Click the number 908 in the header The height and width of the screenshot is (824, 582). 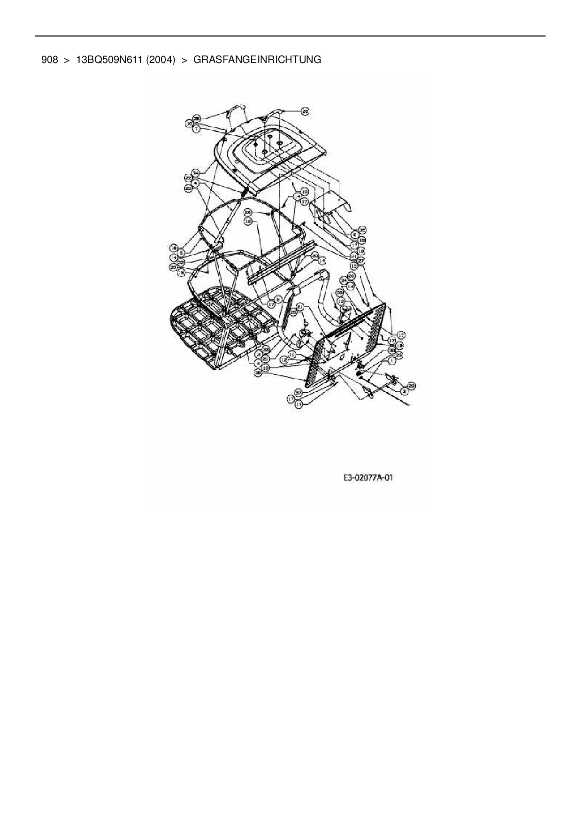pos(49,60)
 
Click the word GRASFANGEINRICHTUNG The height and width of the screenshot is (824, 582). pos(257,60)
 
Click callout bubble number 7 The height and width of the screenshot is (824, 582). pos(197,128)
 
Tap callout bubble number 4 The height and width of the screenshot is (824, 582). pos(196,182)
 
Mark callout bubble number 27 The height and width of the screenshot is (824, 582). pos(361,260)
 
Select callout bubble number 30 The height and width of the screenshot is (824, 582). pos(340,293)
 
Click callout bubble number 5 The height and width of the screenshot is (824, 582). pos(181,252)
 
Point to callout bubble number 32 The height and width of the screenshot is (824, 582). pos(181,263)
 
